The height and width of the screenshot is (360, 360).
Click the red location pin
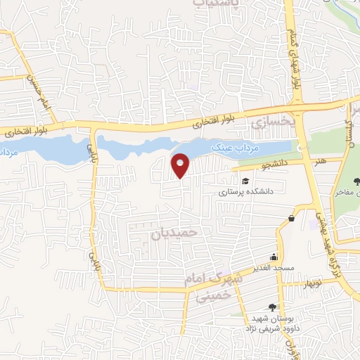181,165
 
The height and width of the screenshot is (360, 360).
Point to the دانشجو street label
257,166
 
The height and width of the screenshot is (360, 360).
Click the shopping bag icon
290,219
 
